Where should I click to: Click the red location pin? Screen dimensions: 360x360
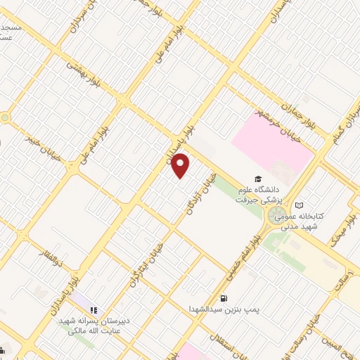[x=181, y=166]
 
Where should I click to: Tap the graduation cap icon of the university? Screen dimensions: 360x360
[x=258, y=179]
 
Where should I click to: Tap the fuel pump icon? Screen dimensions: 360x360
[x=224, y=297]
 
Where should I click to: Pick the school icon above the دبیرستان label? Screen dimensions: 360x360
[x=94, y=309]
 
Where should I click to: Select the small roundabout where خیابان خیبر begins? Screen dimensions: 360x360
[x=6, y=117]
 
